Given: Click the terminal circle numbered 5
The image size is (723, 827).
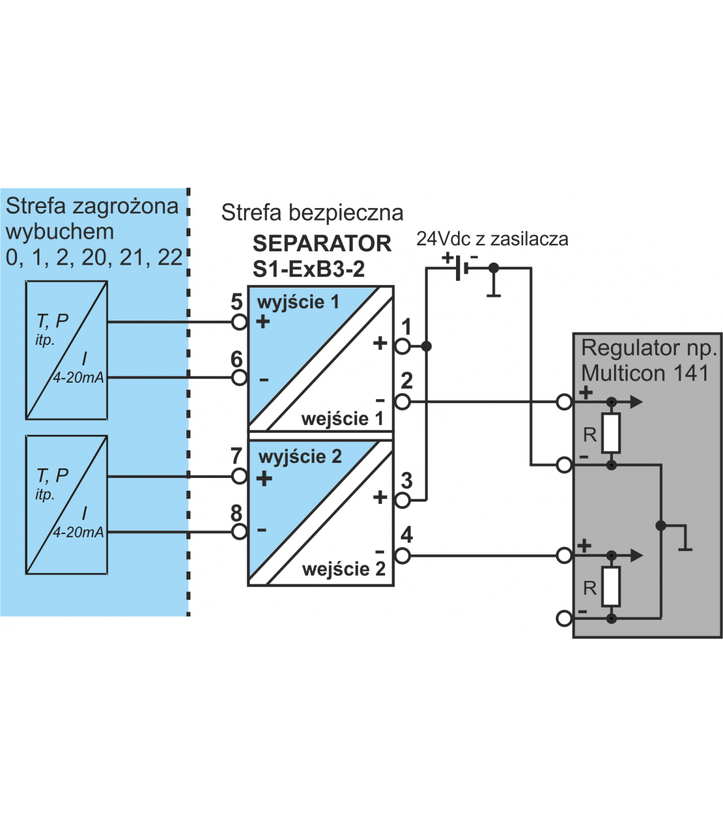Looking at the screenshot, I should (x=240, y=322).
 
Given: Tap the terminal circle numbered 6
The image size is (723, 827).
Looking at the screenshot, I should (x=240, y=378).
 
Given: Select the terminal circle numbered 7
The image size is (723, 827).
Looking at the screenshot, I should (x=240, y=477).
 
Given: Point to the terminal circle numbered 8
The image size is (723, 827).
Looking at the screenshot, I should (x=240, y=532).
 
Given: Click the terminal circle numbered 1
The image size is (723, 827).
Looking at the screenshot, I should (x=402, y=346).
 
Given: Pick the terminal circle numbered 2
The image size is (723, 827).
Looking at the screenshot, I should (x=402, y=401).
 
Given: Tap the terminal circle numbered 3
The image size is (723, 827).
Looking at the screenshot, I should (x=402, y=500).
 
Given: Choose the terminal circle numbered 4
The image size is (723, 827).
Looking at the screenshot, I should (x=402, y=555).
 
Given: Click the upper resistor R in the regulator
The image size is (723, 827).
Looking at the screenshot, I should (x=611, y=433).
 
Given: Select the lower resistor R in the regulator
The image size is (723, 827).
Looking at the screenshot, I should (x=611, y=586).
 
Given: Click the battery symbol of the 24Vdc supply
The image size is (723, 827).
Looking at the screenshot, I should (x=461, y=268).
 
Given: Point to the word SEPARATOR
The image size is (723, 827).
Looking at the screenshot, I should (x=322, y=244).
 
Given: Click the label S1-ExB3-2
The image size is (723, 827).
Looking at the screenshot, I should (x=308, y=269).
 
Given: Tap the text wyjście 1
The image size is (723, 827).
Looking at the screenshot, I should (x=298, y=302).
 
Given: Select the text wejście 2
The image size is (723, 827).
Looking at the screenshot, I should (x=343, y=569).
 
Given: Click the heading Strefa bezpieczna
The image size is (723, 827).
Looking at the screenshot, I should (x=312, y=213).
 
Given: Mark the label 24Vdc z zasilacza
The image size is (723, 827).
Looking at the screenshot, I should (x=492, y=239).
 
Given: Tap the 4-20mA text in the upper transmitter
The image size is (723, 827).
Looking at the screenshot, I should (x=78, y=378).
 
